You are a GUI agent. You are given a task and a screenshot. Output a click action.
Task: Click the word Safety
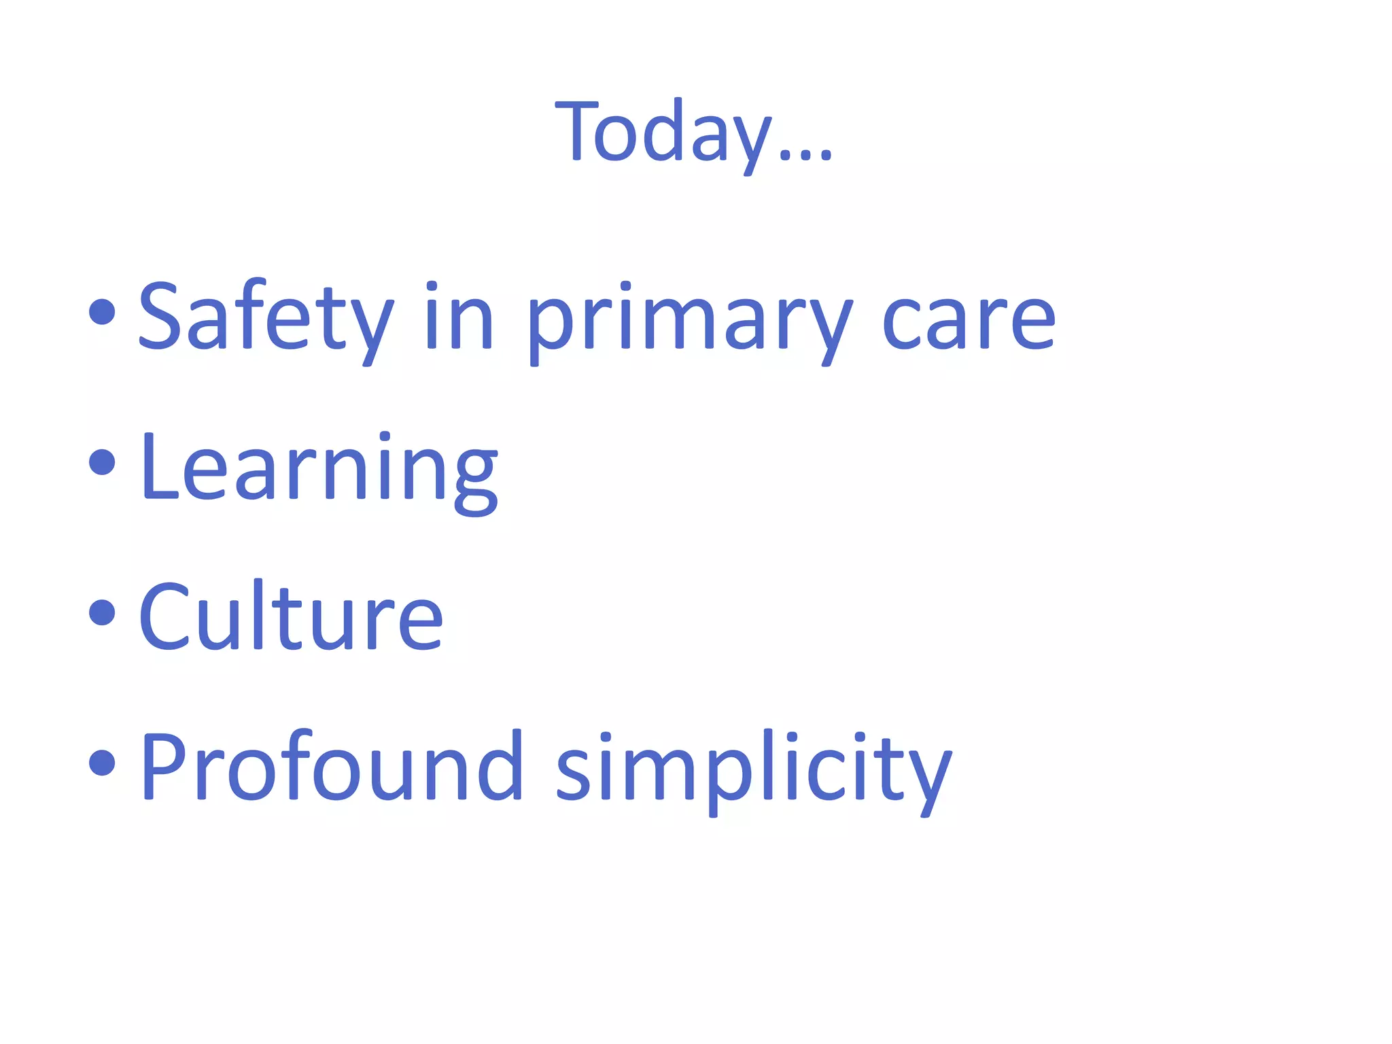[266, 318]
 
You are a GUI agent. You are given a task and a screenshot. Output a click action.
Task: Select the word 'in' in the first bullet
[459, 318]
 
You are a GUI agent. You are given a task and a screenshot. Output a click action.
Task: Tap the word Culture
[291, 617]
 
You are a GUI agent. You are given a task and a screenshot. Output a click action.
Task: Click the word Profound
[331, 767]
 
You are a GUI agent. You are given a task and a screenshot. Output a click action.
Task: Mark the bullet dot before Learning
[102, 462]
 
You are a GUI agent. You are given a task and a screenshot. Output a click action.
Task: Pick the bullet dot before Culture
[102, 612]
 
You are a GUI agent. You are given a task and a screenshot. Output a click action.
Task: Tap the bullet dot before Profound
[102, 761]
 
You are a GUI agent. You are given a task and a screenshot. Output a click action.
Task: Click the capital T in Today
[576, 130]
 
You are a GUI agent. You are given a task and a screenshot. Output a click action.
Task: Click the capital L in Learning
[158, 467]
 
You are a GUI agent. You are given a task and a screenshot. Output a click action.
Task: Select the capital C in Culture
[163, 616]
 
